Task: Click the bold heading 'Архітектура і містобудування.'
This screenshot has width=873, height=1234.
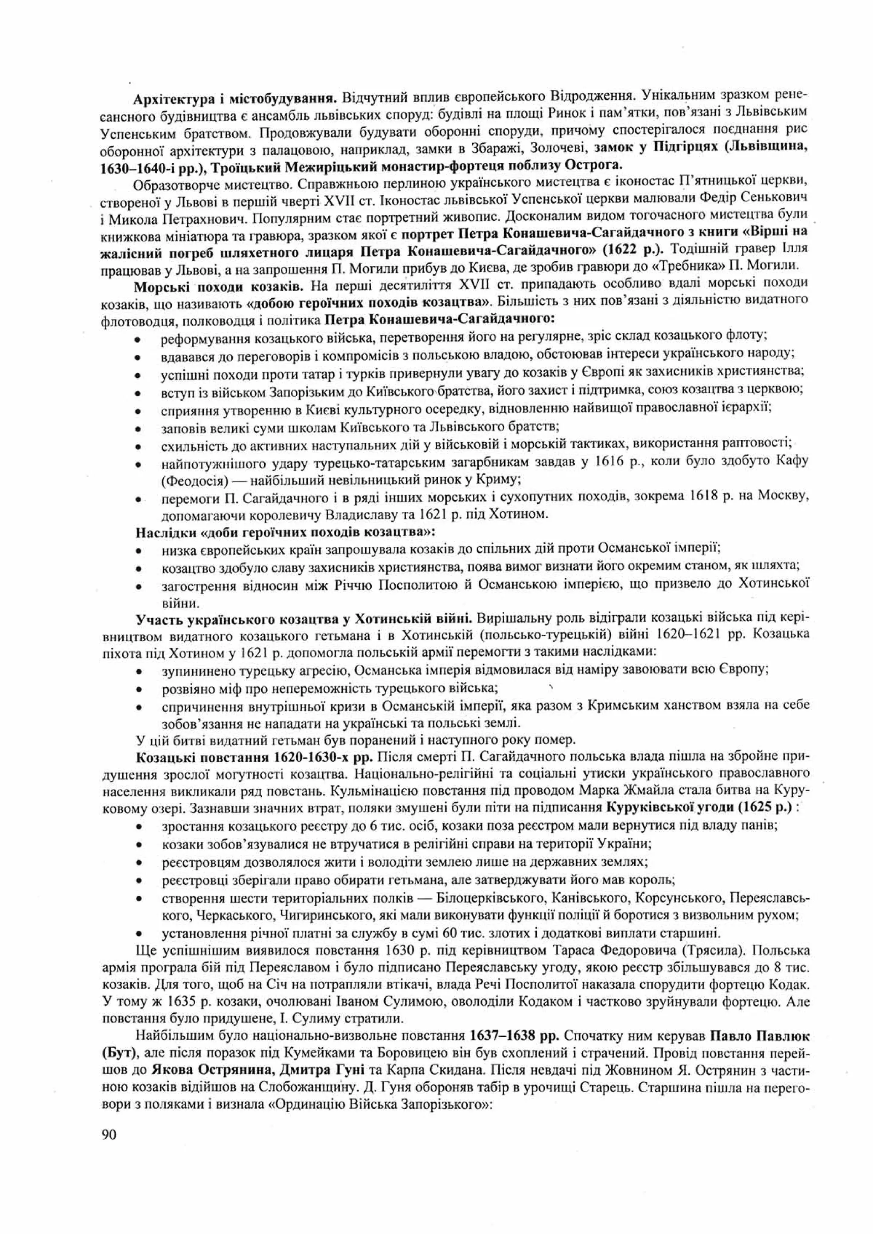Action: (x=235, y=99)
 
